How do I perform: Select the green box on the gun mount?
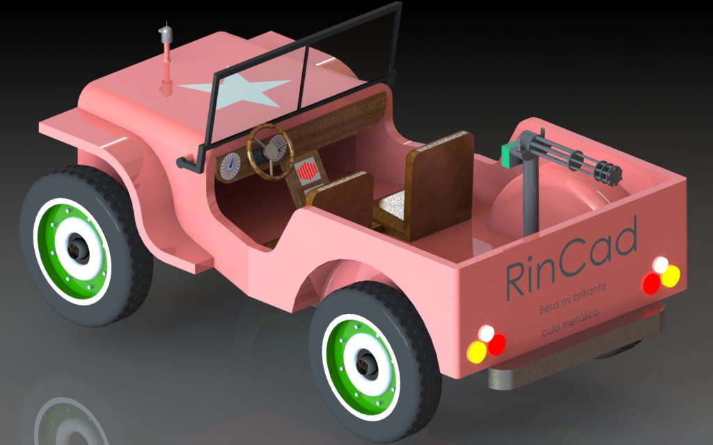pyautogui.click(x=510, y=154)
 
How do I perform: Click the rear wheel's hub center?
pyautogui.click(x=366, y=363)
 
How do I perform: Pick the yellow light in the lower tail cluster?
pyautogui.click(x=477, y=352)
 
